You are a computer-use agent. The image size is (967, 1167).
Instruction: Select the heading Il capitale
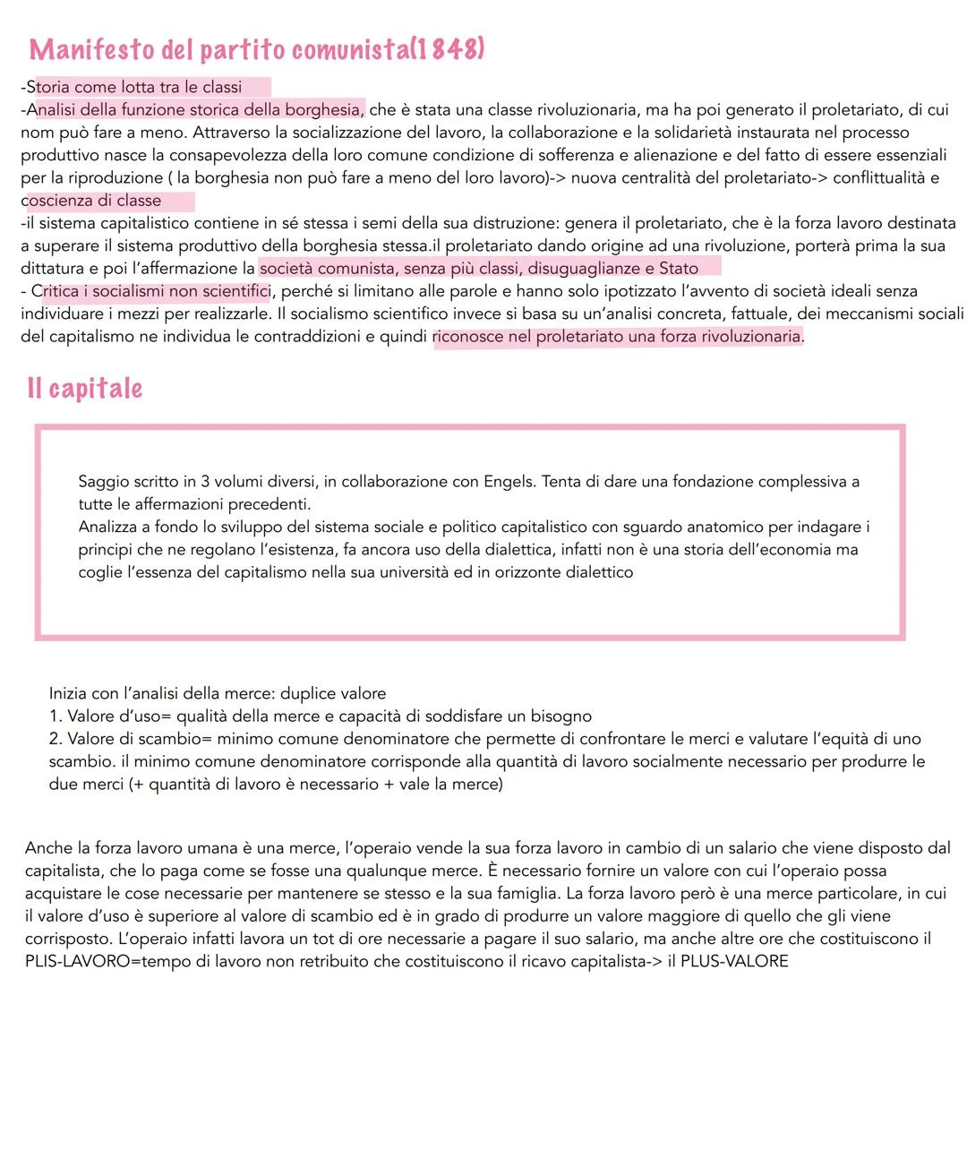[85, 388]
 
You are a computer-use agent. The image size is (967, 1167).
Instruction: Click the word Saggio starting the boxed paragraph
[103, 482]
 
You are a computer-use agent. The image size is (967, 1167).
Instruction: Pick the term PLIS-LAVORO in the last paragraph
[77, 961]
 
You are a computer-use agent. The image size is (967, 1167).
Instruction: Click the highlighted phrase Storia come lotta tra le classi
[134, 88]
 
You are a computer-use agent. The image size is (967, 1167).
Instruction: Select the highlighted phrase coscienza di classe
[93, 201]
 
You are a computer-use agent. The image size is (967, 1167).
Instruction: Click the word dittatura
[53, 268]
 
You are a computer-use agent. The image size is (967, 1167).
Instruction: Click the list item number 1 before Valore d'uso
[55, 717]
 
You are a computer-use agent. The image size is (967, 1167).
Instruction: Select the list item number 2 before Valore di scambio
[55, 739]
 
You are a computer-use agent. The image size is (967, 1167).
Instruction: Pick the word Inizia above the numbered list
[68, 693]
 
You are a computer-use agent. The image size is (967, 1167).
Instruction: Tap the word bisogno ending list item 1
[561, 717]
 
